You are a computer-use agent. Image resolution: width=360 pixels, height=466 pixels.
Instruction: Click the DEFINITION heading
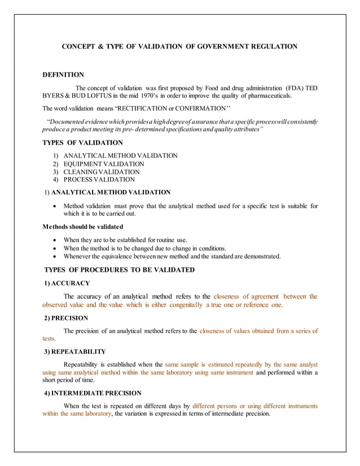63,74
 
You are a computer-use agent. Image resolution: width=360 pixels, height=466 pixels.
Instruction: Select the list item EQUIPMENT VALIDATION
103,164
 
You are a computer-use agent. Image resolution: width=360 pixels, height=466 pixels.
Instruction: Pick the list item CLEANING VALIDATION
102,172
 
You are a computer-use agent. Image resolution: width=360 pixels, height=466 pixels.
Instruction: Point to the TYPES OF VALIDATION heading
83,143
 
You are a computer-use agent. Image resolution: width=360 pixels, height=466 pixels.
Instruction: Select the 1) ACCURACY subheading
67,283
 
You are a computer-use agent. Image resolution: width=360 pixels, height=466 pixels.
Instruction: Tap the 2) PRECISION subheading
66,318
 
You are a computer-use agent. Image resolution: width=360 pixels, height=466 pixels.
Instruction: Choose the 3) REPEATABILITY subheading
74,352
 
